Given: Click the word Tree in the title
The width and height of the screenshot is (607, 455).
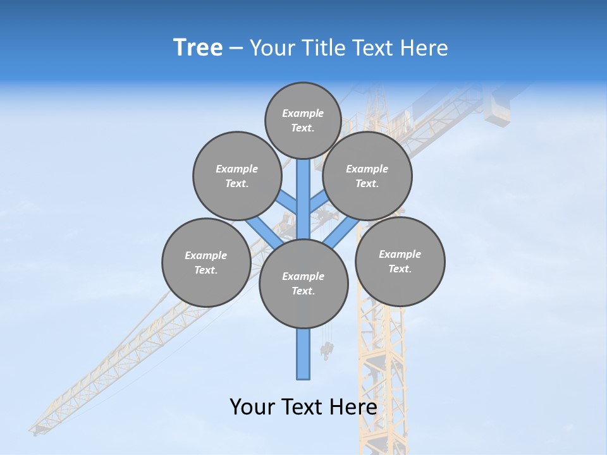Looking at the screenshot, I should pos(198,48).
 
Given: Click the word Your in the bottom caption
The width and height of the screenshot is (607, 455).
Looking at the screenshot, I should pos(253,407).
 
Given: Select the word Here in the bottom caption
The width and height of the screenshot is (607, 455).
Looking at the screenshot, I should pos(354,407).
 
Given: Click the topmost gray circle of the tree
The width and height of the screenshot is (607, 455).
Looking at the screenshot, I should pos(303,120).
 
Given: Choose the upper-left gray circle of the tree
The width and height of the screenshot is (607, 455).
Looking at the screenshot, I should pos(237,176).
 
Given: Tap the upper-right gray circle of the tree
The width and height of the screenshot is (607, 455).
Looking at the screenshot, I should pos(367,176).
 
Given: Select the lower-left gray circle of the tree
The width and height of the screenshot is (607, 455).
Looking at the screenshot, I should pos(206,262).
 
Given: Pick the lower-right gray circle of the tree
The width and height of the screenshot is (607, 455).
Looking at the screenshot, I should pos(400,261).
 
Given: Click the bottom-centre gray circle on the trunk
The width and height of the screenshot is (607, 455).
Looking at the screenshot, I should pos(303,283).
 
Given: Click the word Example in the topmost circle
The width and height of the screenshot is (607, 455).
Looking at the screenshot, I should pos(303,113).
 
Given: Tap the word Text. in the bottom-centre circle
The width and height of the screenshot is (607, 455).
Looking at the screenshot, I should pos(303,291).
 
